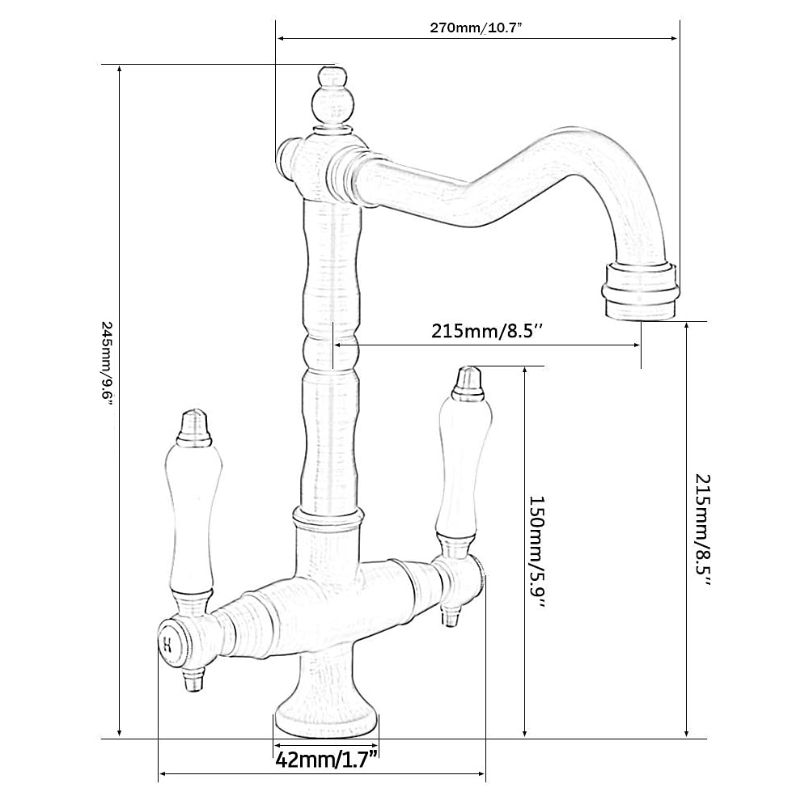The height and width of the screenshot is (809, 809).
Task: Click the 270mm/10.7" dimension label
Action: coord(477,28)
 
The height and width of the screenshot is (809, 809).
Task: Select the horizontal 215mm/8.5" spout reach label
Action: coord(488,330)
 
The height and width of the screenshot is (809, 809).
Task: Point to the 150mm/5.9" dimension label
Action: coord(537,552)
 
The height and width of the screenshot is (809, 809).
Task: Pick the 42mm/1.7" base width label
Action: coord(327,760)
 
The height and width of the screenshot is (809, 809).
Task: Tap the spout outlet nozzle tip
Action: coord(640,291)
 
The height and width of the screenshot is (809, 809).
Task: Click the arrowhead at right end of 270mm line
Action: coord(674,38)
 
